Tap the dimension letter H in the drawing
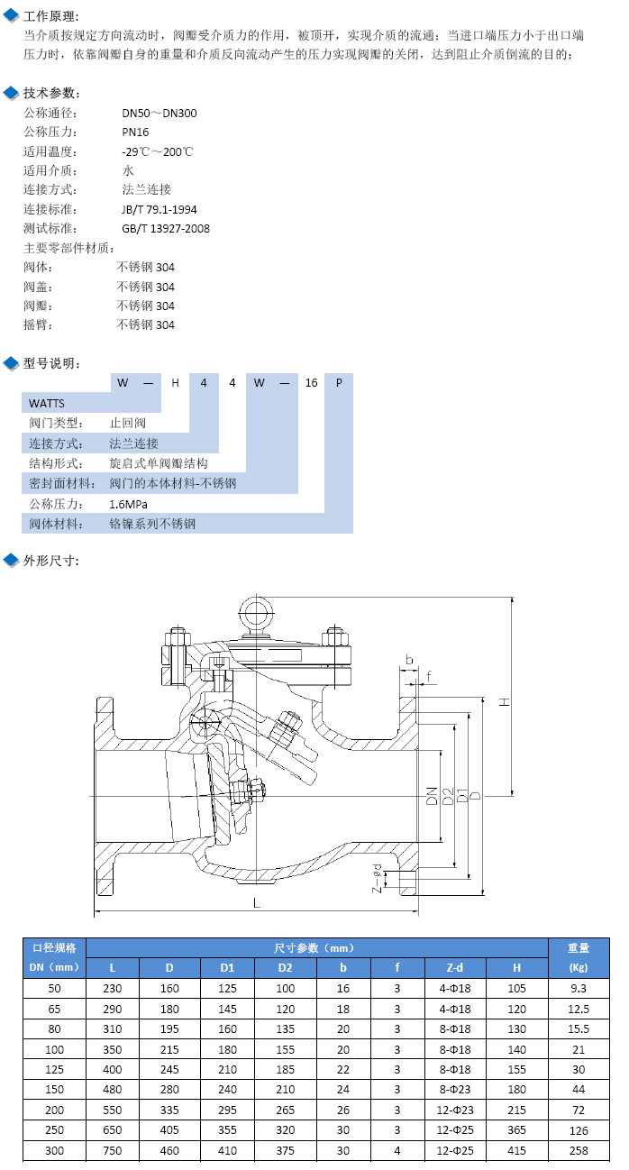click(x=506, y=700)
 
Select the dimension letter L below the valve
click(x=257, y=902)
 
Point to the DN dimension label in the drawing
click(x=433, y=795)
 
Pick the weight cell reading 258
click(x=579, y=1150)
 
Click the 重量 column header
click(x=579, y=947)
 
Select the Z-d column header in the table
click(x=455, y=968)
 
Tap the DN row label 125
click(x=55, y=1069)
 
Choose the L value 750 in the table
click(x=113, y=1150)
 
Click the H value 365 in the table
click(x=516, y=1129)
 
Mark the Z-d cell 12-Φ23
click(x=455, y=1110)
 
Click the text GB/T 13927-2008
click(x=166, y=228)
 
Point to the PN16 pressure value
click(x=135, y=133)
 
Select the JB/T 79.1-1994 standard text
click(x=159, y=209)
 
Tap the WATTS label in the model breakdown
click(x=47, y=403)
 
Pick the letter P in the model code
click(x=338, y=382)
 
